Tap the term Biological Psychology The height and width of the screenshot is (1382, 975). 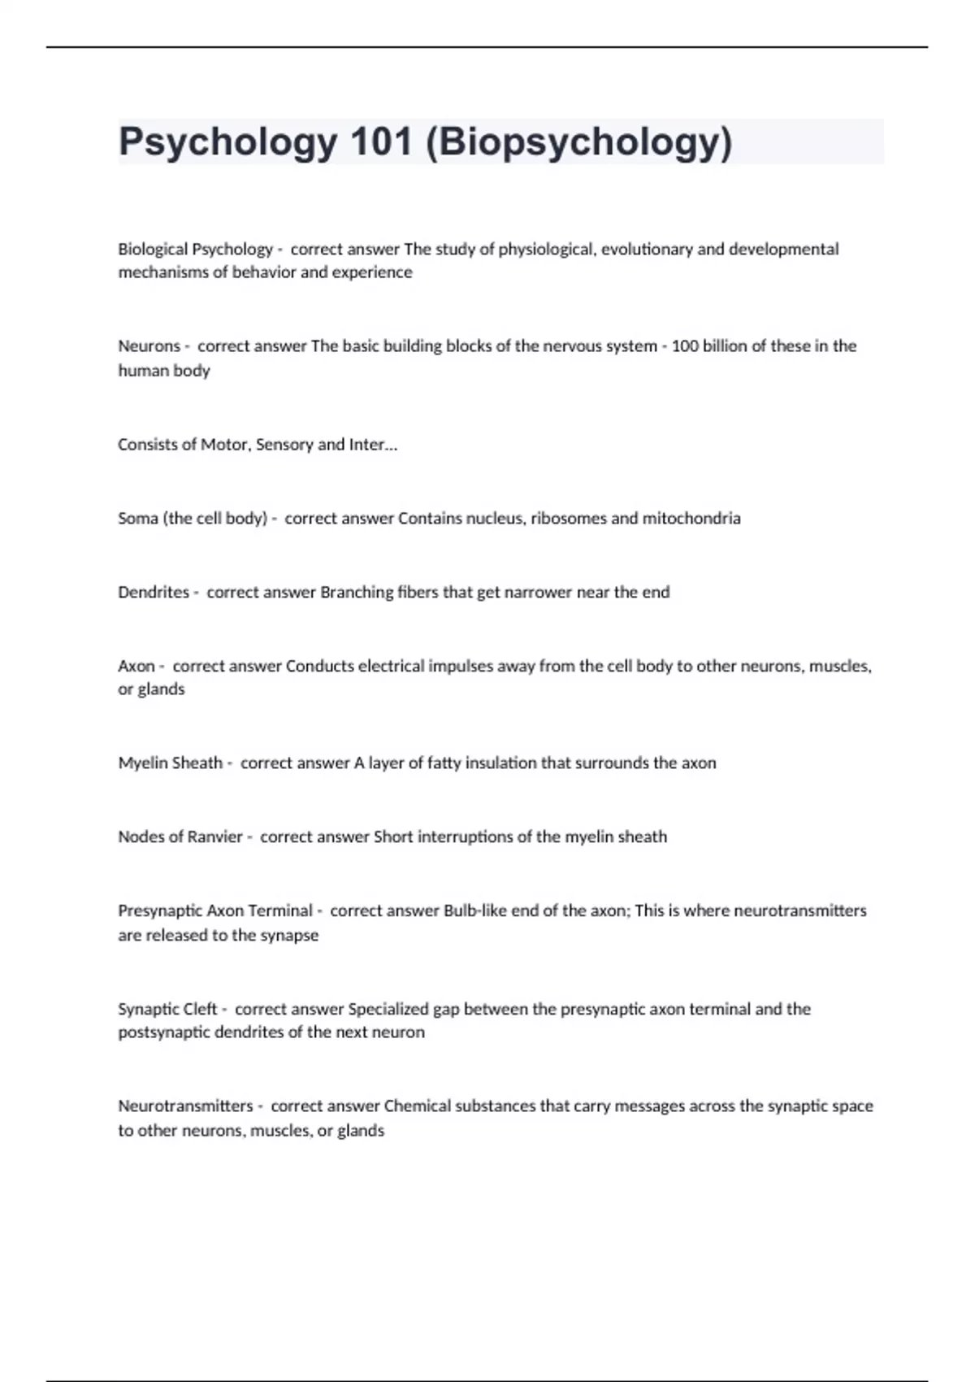tap(195, 249)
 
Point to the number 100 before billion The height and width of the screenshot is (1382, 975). tap(685, 345)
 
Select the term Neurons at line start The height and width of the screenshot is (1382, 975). tap(149, 345)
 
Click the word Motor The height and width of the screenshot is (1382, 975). tap(224, 444)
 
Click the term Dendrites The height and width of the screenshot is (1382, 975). tap(154, 592)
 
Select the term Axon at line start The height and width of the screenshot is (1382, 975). tap(136, 666)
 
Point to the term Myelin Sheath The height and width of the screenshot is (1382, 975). tap(171, 763)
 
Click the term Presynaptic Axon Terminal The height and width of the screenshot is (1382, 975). tap(215, 910)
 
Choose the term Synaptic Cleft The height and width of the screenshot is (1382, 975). tap(168, 1009)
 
